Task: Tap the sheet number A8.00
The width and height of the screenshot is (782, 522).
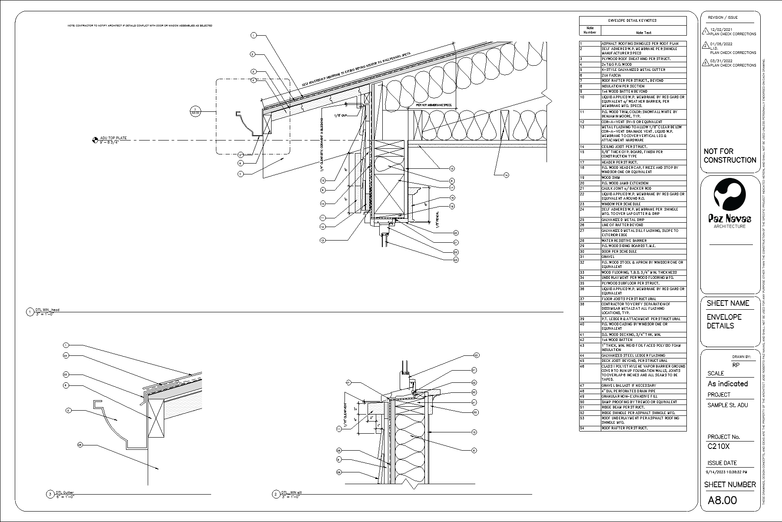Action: pos(722,500)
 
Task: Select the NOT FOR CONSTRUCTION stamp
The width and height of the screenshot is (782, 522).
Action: pos(730,156)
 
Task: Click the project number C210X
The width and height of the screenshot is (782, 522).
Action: pos(719,446)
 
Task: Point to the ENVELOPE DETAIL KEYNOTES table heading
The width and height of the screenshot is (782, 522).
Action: pos(633,20)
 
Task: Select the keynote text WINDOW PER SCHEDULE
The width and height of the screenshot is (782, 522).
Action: pos(618,204)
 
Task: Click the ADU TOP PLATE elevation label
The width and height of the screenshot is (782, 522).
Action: pos(113,138)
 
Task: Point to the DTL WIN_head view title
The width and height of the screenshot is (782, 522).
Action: pos(48,310)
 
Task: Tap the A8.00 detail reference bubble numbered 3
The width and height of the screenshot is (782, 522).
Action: pos(196,111)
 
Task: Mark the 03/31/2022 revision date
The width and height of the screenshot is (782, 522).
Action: pos(721,61)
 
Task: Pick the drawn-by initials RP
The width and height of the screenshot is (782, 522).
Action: pos(736,365)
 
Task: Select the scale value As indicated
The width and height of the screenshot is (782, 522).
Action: pos(728,384)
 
